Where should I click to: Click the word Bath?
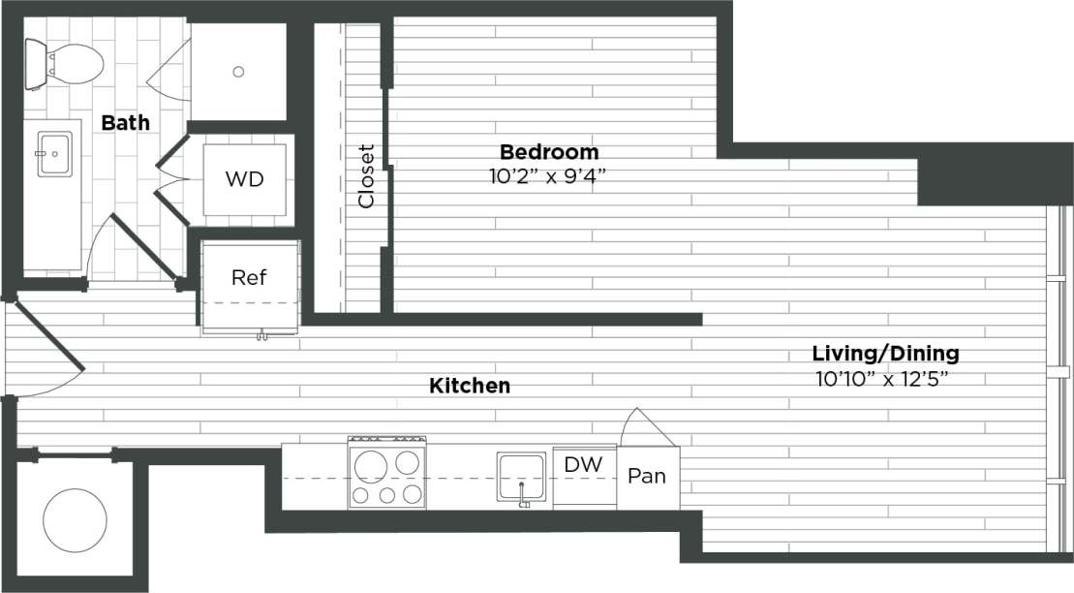(126, 123)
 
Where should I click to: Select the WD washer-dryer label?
(243, 180)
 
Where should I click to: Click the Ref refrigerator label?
(249, 277)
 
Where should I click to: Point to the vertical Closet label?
(366, 176)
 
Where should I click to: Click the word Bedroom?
(548, 152)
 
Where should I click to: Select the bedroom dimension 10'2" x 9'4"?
(548, 175)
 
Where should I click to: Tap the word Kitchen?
(470, 386)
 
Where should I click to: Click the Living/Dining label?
(885, 354)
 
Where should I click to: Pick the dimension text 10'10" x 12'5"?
(881, 377)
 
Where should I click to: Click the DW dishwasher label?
(584, 465)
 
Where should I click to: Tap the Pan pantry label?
(648, 476)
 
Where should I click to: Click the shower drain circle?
(238, 71)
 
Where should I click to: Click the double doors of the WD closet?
(170, 179)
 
